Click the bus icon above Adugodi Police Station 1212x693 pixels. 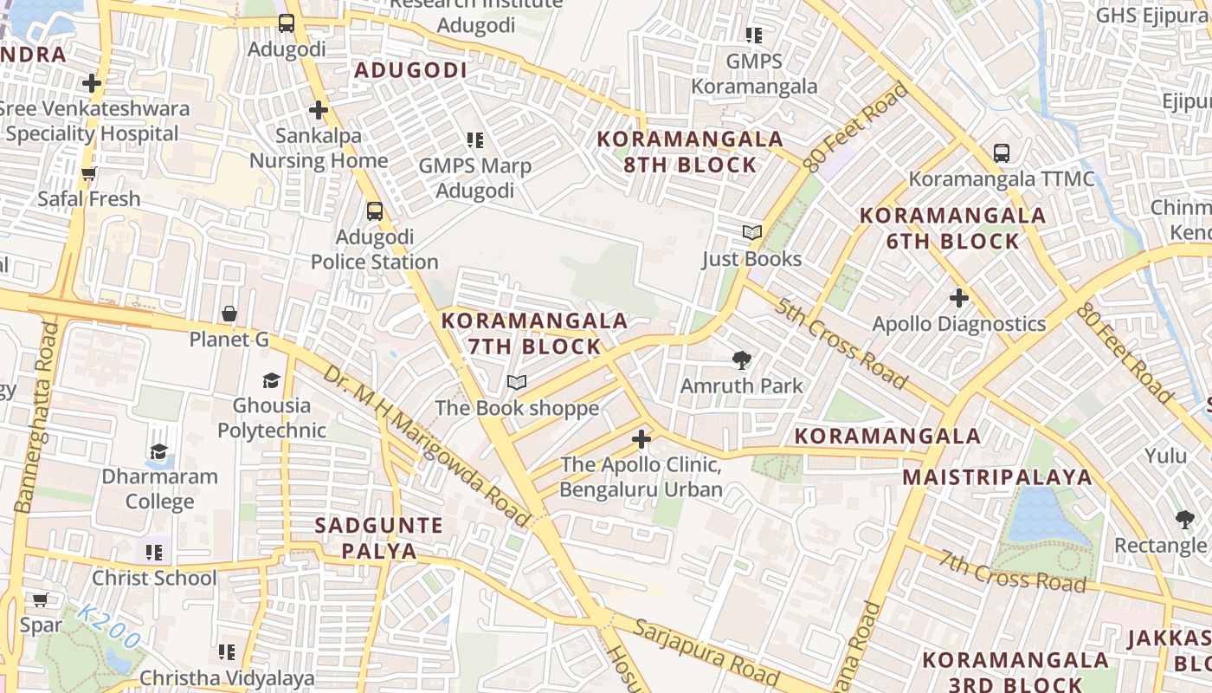pos(375,210)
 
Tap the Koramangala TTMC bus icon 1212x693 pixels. pos(1002,153)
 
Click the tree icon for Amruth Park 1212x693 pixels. pos(741,360)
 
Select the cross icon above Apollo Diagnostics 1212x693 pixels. pos(958,298)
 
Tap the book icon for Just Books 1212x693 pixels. pos(751,233)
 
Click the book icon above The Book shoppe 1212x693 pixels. pos(517,382)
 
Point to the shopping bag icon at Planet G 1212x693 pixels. pos(229,314)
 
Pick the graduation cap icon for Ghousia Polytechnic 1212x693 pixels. pos(272,380)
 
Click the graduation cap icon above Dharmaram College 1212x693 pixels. pos(159,451)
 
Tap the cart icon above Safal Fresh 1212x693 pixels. pos(88,174)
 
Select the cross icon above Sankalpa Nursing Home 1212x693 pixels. pos(319,110)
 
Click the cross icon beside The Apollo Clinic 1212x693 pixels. pos(641,439)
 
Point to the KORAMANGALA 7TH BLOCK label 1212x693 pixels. pos(534,334)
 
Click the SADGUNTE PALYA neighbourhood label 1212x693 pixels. pos(378,538)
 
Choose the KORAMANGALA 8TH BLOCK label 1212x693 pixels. pos(690,152)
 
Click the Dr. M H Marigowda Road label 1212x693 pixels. pos(425,446)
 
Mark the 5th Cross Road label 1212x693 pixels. pos(841,343)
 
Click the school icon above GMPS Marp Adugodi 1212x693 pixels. pos(474,139)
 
